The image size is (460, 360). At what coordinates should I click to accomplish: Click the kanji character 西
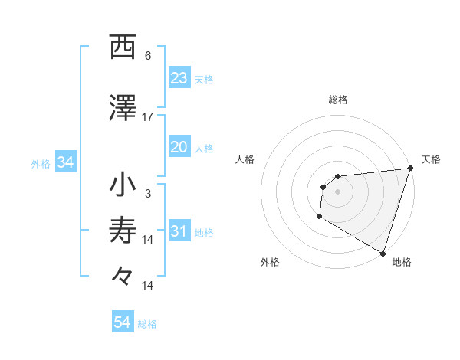coord(123,47)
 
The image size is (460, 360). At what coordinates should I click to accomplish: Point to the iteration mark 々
coord(123,274)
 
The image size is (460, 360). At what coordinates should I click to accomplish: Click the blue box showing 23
coord(179,78)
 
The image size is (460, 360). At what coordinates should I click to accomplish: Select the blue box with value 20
coord(179,148)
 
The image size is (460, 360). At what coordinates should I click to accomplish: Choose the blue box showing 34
coord(65,162)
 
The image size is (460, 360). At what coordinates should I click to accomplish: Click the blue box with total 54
coord(123,323)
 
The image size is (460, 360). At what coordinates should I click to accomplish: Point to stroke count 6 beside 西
coord(148,55)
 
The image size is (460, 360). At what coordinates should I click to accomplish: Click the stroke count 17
coord(148,116)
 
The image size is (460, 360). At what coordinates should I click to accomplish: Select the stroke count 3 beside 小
coord(148,194)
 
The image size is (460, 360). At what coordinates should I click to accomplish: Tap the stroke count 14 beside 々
coord(148,285)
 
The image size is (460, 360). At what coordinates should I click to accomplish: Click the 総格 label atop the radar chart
coord(337,100)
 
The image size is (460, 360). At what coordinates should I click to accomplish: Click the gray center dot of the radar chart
coord(337,191)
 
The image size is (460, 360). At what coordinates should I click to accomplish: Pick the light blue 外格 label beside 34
coord(41,163)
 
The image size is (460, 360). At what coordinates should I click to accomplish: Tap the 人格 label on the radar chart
coord(245,159)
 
